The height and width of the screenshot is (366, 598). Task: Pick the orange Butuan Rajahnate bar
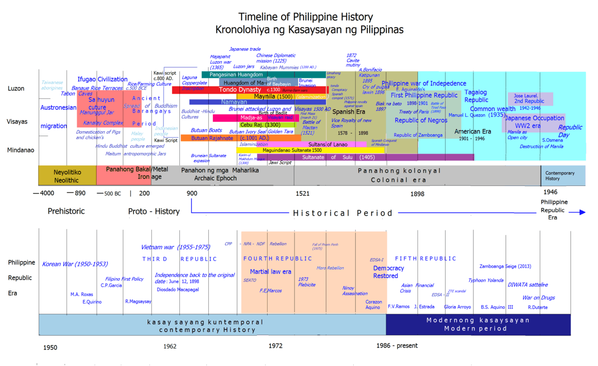pyautogui.click(x=209, y=138)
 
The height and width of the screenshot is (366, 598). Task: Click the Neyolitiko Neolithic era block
pyautogui.click(x=67, y=175)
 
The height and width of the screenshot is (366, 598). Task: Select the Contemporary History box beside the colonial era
pyautogui.click(x=563, y=176)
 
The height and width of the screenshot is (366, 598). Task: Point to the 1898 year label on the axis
pyautogui.click(x=418, y=193)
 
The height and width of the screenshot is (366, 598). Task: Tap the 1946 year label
pyautogui.click(x=550, y=192)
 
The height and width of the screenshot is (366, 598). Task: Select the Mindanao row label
pyautogui.click(x=20, y=149)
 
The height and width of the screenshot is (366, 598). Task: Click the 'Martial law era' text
pyautogui.click(x=271, y=272)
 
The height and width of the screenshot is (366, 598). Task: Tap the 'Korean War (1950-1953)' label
pyautogui.click(x=75, y=264)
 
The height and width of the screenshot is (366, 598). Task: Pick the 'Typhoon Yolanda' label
pyautogui.click(x=485, y=280)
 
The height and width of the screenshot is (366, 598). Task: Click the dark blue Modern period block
pyautogui.click(x=478, y=324)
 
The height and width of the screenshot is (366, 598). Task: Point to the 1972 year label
pyautogui.click(x=276, y=346)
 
